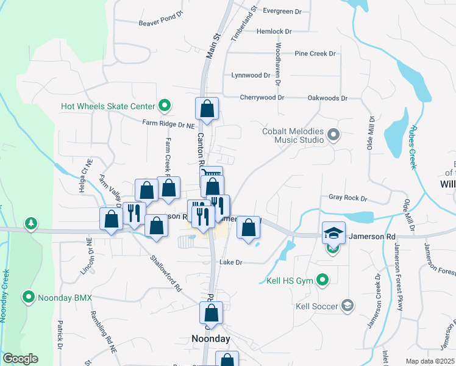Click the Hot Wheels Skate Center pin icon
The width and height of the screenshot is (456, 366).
[164, 106]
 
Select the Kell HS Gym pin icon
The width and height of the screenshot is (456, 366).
[323, 281]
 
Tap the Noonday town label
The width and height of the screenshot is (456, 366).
[211, 339]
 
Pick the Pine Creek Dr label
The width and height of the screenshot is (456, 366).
[315, 54]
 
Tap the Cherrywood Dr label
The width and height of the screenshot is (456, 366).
[262, 97]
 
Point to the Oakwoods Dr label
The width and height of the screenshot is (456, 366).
[327, 98]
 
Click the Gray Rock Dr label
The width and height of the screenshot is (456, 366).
[348, 198]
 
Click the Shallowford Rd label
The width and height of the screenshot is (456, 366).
[166, 271]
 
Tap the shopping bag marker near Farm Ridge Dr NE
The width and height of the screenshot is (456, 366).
[207, 110]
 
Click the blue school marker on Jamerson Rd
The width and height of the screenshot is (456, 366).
[333, 233]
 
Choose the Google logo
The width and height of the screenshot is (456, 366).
[20, 359]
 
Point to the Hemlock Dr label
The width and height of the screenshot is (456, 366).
[274, 31]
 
